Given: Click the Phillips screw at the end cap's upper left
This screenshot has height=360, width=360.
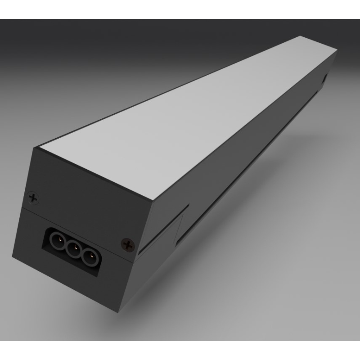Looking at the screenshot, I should point(33,197).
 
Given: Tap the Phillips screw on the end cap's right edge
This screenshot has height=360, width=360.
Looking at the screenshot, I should point(128,245).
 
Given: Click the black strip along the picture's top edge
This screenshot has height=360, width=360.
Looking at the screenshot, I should point(180,9).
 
